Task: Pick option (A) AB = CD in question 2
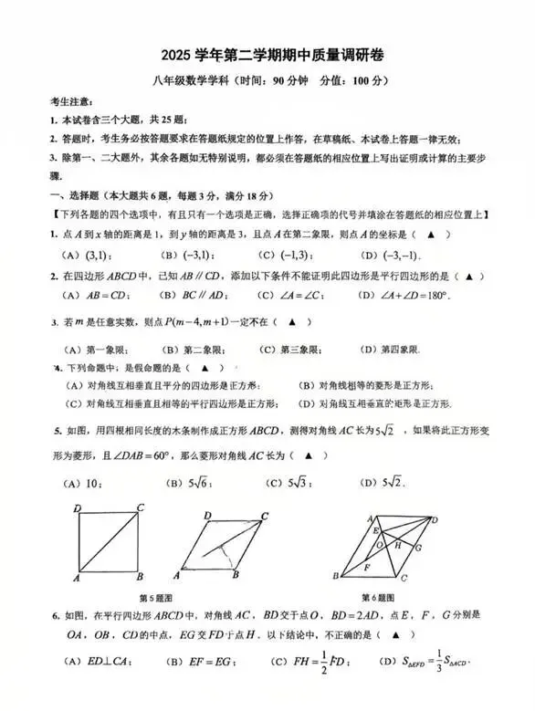click(x=95, y=295)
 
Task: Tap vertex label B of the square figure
click(x=138, y=577)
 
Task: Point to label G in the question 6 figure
click(x=417, y=548)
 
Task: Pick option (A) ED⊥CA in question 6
click(x=91, y=685)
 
